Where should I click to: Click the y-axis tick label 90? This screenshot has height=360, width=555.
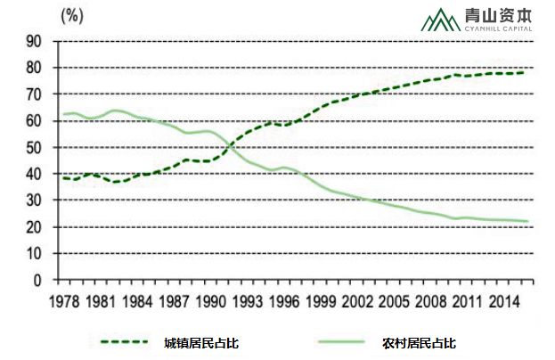(x=35, y=41)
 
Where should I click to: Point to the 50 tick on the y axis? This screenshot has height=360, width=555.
(x=35, y=147)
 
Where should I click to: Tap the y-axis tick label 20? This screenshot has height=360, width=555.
(x=35, y=227)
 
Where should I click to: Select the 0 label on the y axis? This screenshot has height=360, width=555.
(x=38, y=280)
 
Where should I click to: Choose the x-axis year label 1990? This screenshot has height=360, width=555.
(x=212, y=300)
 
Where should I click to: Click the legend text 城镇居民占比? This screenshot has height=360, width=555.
(x=201, y=342)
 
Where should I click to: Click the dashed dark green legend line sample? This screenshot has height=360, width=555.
(x=123, y=342)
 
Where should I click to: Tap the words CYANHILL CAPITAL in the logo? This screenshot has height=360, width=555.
(x=499, y=29)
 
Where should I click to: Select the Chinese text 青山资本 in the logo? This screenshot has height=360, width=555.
(x=499, y=15)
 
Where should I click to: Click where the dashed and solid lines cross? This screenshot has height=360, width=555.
(x=230, y=141)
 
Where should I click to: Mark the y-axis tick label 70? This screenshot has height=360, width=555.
(x=35, y=94)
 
